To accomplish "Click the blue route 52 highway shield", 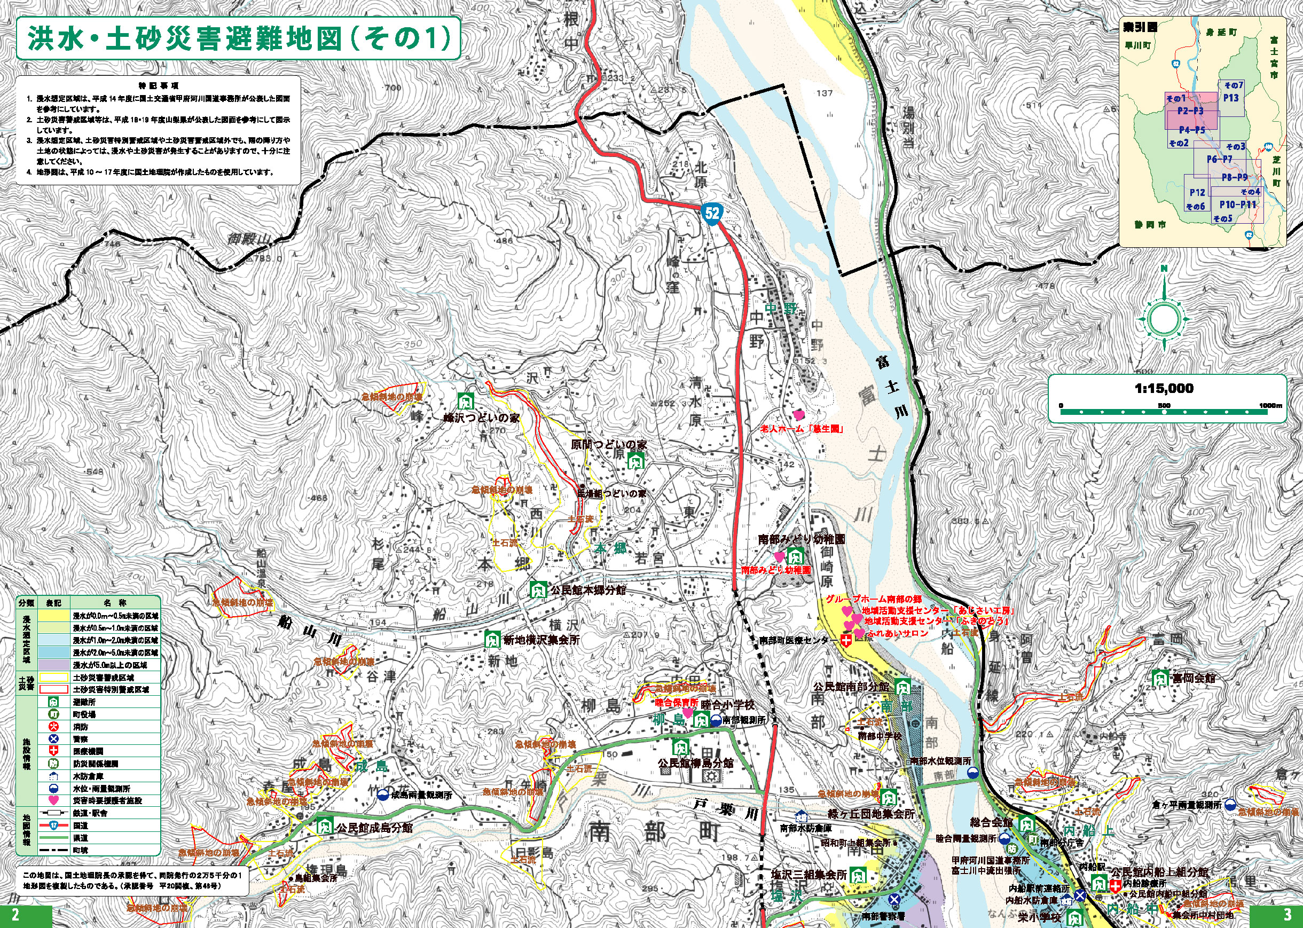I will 712,213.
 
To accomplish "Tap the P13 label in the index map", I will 1230,98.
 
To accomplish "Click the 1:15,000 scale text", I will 1164,389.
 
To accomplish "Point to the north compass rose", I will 1164,318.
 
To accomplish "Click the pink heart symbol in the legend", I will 54,800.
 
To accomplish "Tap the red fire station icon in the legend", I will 54,726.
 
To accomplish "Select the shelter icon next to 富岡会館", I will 1159,678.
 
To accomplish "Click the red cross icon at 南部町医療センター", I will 846,641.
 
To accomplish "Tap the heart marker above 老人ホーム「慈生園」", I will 798,415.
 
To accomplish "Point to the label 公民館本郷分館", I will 587,589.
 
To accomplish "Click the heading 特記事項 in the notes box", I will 158,86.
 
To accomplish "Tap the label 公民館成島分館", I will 374,828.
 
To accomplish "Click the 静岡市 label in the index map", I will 1150,225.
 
